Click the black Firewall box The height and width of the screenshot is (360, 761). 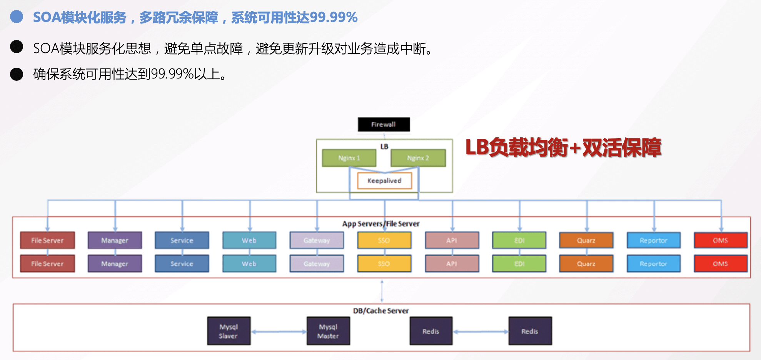coord(384,124)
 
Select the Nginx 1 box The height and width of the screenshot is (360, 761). coord(349,158)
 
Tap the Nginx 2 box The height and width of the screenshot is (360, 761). coord(418,158)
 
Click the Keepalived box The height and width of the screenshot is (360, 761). coord(384,181)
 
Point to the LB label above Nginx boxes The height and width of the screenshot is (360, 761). coord(384,146)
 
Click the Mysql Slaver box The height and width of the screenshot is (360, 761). coord(229,331)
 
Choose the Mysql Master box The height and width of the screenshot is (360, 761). coord(328,331)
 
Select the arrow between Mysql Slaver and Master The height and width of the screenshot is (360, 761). coord(279,332)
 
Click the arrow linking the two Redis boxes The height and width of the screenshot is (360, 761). coord(481,332)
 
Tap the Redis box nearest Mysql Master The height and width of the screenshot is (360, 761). coord(431,331)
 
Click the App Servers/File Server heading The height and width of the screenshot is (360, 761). coord(381,224)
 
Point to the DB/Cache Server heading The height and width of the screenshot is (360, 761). coord(381,311)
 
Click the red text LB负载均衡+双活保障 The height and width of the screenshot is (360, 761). coord(563,148)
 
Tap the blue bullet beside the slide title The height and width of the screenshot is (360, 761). coord(17,17)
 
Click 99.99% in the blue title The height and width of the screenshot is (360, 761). coord(334,17)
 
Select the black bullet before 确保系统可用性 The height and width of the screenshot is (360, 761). coord(17,74)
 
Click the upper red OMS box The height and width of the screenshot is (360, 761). coord(721,240)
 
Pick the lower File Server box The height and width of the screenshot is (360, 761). coord(47,264)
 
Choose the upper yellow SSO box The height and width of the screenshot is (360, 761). coord(384,240)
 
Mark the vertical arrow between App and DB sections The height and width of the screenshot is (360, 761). coord(382,291)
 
